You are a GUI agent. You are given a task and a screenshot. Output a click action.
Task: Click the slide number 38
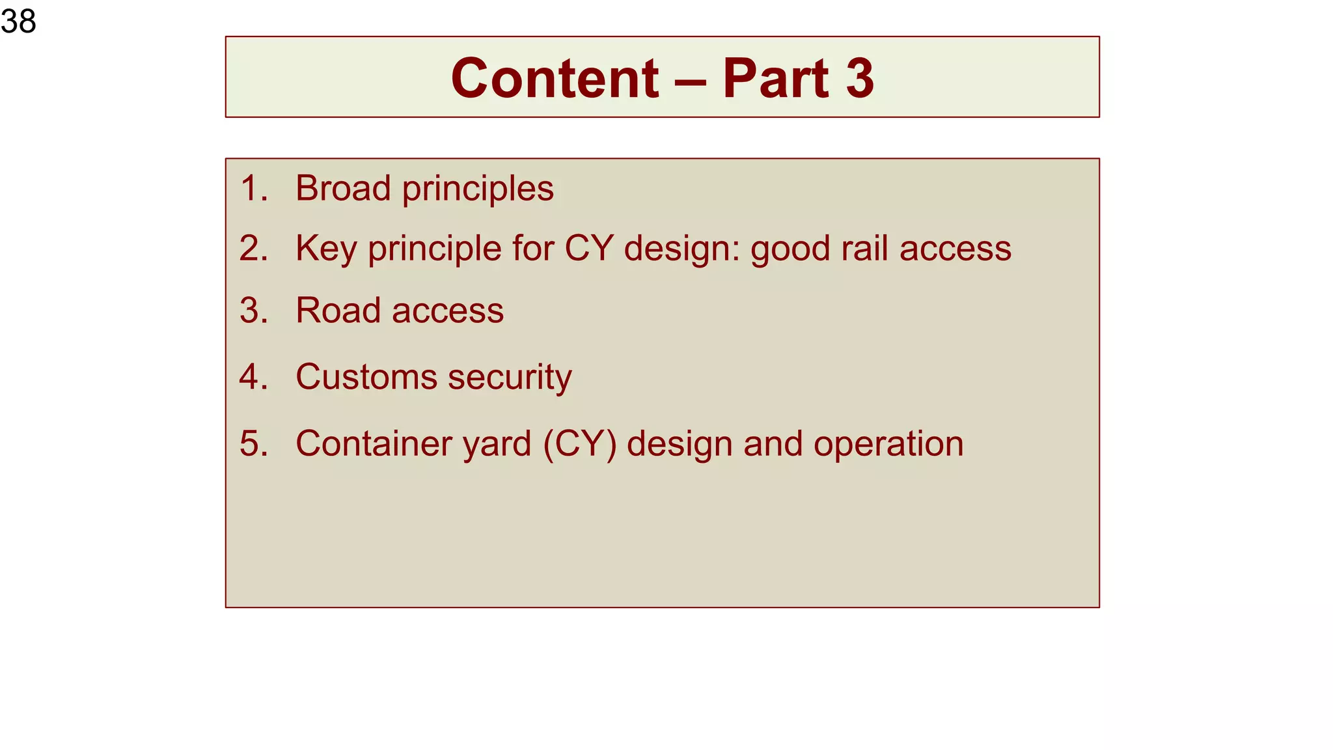18,21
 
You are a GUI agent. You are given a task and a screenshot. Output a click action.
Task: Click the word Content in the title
555,78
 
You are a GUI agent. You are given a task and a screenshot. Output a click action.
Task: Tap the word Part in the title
775,78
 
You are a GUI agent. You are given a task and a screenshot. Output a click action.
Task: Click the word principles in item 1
478,189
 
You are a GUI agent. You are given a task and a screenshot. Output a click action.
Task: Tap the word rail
864,249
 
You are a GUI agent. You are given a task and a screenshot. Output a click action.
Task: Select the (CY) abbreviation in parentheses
579,444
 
